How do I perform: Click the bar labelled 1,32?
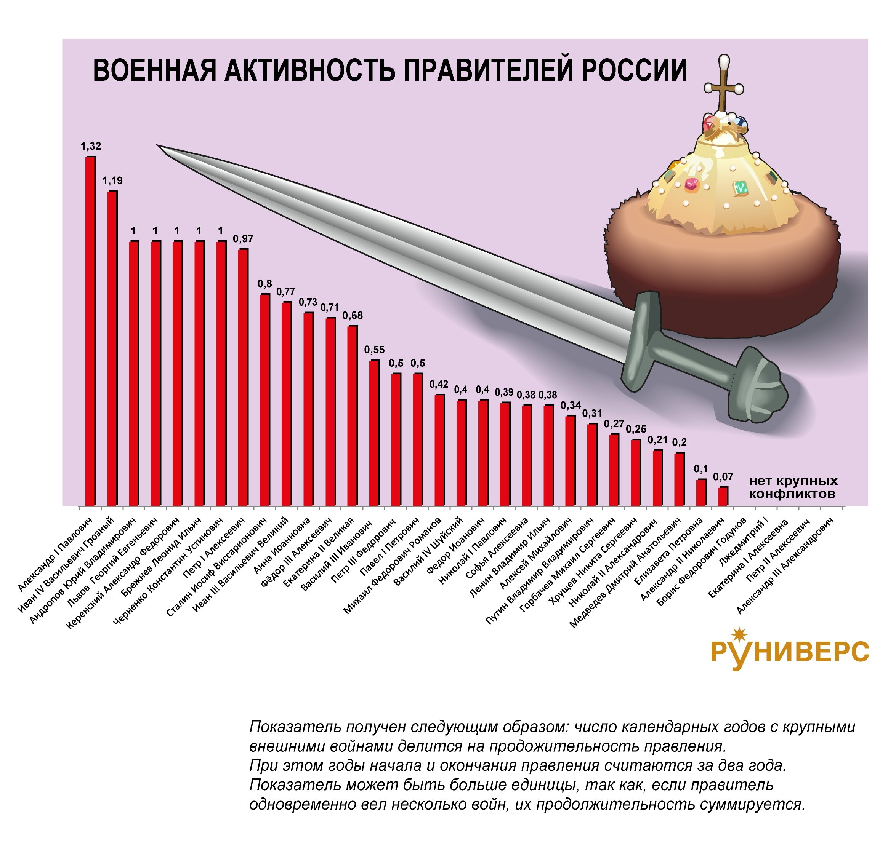point(90,331)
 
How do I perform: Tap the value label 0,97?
point(243,239)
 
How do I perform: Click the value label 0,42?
point(439,384)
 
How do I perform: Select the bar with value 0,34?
point(570,460)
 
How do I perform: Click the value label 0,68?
point(353,316)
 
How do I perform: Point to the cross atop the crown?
point(724,88)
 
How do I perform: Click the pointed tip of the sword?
point(159,146)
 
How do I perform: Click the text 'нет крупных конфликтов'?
point(793,487)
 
